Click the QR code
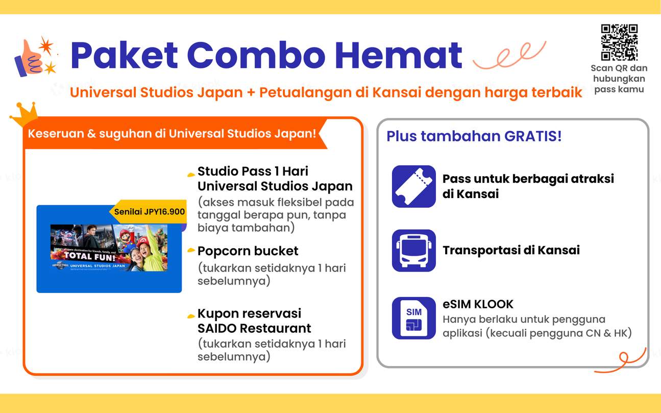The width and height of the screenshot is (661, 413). click(619, 42)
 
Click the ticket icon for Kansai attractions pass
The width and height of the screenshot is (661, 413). click(413, 186)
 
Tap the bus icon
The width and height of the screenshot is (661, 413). click(413, 250)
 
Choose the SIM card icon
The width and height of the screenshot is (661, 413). click(413, 318)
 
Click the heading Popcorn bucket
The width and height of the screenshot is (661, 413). click(248, 251)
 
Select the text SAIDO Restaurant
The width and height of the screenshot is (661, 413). click(254, 328)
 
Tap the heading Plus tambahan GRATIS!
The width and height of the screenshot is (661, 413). click(474, 136)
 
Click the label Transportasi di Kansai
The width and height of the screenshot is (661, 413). click(511, 250)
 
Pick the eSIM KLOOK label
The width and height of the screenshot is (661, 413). click(478, 304)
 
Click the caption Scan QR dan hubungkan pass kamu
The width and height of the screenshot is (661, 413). click(619, 79)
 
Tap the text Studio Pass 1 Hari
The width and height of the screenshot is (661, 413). click(253, 171)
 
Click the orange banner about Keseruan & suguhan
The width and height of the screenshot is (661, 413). click(172, 134)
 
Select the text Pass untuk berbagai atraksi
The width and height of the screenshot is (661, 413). click(528, 179)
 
